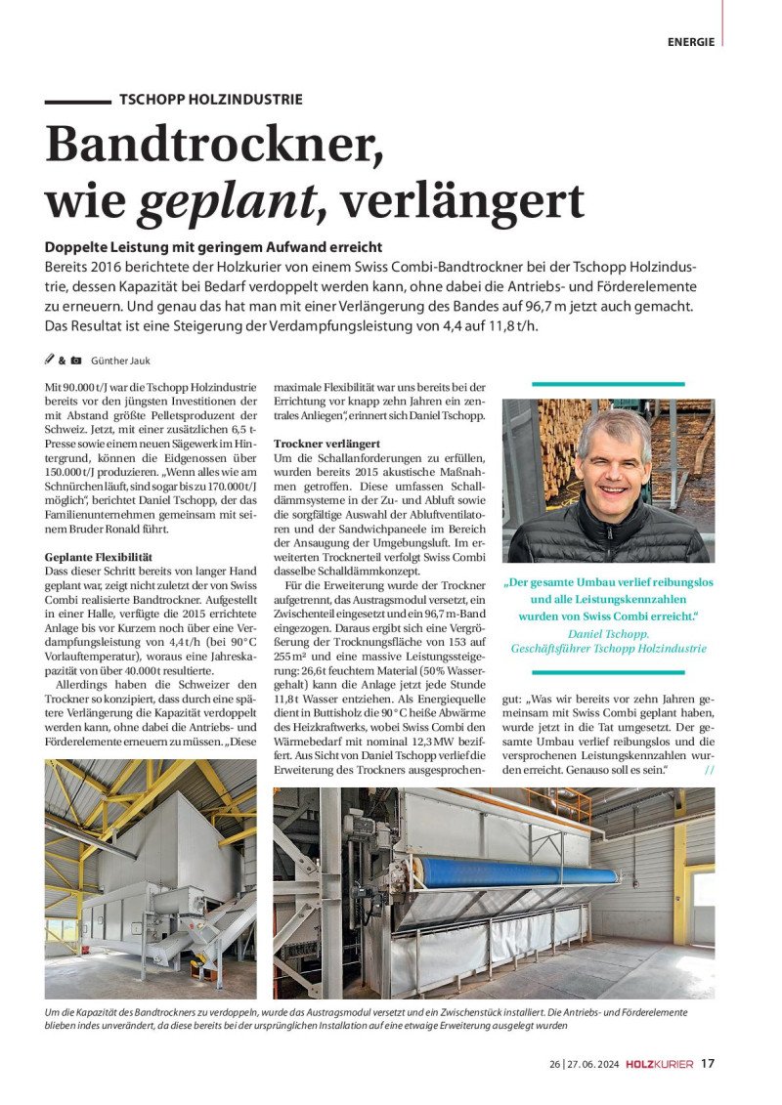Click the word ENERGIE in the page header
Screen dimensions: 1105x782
coord(691,42)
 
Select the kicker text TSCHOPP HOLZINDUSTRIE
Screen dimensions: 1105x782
coord(210,100)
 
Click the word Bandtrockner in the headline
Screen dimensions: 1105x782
coord(214,146)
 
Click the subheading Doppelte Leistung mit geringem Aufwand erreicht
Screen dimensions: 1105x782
coord(213,247)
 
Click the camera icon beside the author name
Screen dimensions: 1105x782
coord(76,361)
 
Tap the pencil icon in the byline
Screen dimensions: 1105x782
coord(50,361)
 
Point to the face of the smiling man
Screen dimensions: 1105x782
coord(612,460)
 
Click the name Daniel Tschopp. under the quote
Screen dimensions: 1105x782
coord(608,633)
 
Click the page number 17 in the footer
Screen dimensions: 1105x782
coord(707,1064)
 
